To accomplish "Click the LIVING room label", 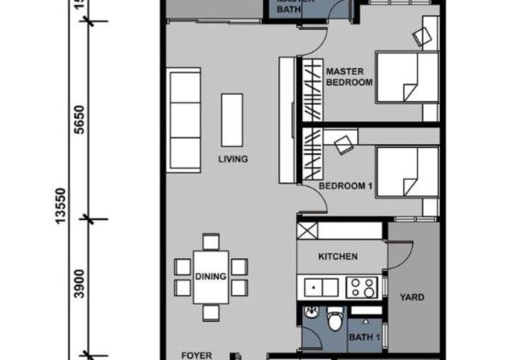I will point(233,159).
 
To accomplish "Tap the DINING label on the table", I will point(210,277).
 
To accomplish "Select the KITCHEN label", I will point(337,257).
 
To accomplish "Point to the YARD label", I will point(412,297).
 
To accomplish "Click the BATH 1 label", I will point(364,337).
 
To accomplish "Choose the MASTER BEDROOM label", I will point(349,76).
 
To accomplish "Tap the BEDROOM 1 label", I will point(345,186).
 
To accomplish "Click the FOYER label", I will point(196,355).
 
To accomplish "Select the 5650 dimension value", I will point(80,119).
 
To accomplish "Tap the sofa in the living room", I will point(185,121).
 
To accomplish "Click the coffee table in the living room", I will point(232,120).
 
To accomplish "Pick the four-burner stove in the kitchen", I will point(363,286).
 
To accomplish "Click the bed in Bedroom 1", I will point(406,171).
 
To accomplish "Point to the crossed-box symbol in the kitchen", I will point(307,230).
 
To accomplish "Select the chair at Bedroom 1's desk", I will point(344,144).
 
